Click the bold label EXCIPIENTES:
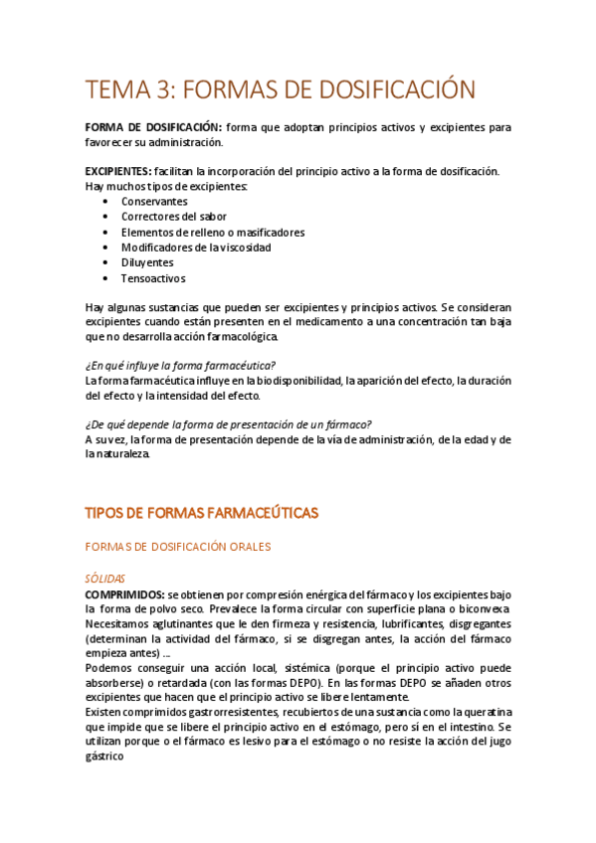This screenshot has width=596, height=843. click(118, 172)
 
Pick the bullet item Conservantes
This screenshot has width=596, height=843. click(154, 201)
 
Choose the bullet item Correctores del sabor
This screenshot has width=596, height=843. click(173, 217)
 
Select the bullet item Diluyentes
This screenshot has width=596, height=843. click(147, 263)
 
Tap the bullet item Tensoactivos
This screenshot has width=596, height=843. click(153, 279)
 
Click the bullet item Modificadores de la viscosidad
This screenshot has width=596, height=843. click(196, 248)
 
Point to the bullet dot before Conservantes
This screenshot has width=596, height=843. click(105, 201)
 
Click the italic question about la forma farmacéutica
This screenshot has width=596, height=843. click(180, 366)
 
